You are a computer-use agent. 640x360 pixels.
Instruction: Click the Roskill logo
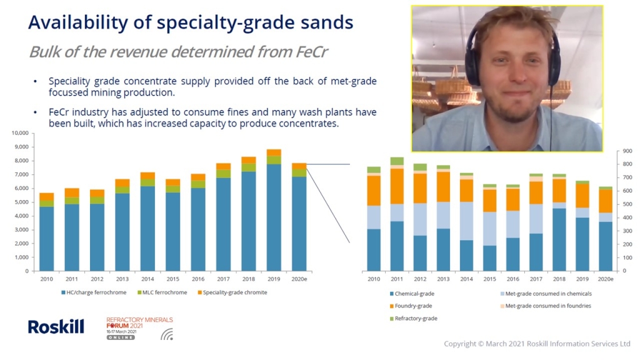pyautogui.click(x=56, y=326)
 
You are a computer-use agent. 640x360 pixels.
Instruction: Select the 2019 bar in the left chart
pyautogui.click(x=274, y=210)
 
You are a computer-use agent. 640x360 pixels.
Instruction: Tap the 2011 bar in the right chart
pyautogui.click(x=397, y=214)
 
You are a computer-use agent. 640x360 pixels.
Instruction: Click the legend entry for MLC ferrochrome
pyautogui.click(x=162, y=292)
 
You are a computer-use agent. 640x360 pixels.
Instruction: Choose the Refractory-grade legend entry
pyautogui.click(x=413, y=318)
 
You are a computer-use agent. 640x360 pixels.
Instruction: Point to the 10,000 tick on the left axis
pyautogui.click(x=20, y=133)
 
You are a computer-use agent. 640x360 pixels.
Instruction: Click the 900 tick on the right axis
pyautogui.click(x=627, y=151)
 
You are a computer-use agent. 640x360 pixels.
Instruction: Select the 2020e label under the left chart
pyautogui.click(x=299, y=279)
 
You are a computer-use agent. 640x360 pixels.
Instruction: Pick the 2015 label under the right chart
pyautogui.click(x=490, y=279)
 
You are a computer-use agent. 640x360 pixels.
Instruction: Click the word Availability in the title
pyautogui.click(x=78, y=22)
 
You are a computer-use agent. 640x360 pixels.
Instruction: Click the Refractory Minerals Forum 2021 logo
pyautogui.click(x=139, y=328)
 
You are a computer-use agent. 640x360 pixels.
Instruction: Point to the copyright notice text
pyautogui.click(x=537, y=344)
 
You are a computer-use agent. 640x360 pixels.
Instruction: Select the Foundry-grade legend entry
pyautogui.click(x=411, y=306)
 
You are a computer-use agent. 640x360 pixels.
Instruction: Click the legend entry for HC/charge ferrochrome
pyautogui.click(x=94, y=292)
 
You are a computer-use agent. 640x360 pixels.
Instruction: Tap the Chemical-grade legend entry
pyautogui.click(x=412, y=294)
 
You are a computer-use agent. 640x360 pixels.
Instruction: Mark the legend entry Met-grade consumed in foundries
pyautogui.click(x=546, y=306)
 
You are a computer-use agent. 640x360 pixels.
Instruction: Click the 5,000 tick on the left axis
pyautogui.click(x=22, y=202)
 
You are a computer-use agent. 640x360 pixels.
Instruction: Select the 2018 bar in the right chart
pyautogui.click(x=559, y=222)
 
